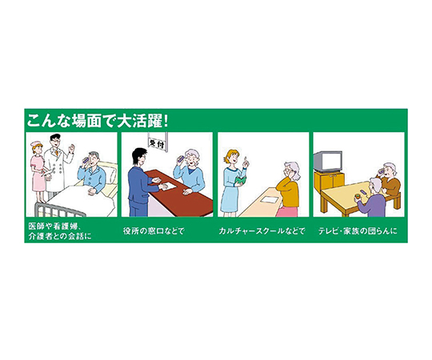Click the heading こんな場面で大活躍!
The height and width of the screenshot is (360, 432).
[97, 121]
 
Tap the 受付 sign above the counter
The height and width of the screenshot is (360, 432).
[158, 143]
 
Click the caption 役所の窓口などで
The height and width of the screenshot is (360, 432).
[154, 231]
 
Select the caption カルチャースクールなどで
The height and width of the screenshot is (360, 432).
[262, 231]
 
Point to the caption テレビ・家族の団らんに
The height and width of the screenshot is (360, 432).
[358, 231]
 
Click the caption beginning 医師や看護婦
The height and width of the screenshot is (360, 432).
[60, 231]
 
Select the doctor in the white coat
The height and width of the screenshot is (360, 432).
[58, 166]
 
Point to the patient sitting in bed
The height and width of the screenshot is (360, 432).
[92, 171]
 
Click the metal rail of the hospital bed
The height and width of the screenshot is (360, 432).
[58, 210]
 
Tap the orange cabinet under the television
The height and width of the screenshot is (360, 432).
[329, 182]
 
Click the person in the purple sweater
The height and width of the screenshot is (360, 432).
[372, 198]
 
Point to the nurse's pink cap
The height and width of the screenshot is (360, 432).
[35, 143]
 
